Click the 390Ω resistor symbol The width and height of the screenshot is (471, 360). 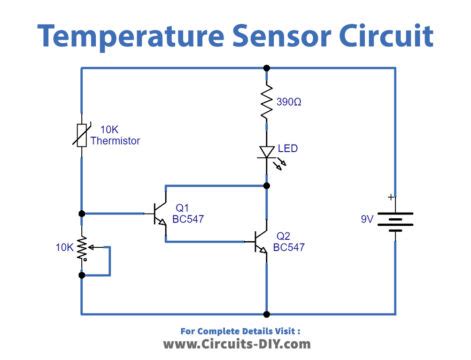point(266,103)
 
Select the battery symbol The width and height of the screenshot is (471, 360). point(396,220)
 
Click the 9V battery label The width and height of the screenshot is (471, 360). point(368,220)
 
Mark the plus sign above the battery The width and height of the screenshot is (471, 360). point(391,197)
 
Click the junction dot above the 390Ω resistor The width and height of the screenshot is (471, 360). point(266,68)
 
